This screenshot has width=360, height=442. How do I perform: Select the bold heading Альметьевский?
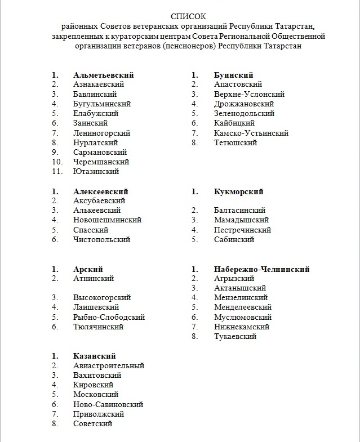(x=103, y=75)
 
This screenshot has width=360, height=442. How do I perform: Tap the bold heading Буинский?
(x=233, y=75)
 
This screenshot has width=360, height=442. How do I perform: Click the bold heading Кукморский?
(x=238, y=191)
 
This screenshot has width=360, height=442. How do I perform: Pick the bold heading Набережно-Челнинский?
(x=261, y=269)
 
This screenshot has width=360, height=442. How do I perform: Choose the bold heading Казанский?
(x=94, y=356)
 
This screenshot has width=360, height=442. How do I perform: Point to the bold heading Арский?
(x=88, y=269)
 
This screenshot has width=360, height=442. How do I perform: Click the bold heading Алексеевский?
(x=101, y=191)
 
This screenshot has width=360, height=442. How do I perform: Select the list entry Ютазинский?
(x=96, y=172)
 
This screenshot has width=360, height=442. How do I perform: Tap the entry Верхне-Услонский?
(x=249, y=95)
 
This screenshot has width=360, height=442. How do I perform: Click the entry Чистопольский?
(x=101, y=240)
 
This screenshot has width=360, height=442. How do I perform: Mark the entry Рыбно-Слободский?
(x=109, y=317)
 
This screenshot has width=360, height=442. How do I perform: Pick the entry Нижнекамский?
(x=242, y=327)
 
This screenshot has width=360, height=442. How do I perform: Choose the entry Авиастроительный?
(x=109, y=366)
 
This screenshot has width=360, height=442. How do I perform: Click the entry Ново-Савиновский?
(x=108, y=404)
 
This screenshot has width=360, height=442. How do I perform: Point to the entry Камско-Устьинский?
(x=251, y=133)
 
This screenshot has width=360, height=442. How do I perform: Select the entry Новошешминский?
(x=107, y=220)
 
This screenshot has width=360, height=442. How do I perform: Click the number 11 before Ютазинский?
(x=56, y=172)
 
